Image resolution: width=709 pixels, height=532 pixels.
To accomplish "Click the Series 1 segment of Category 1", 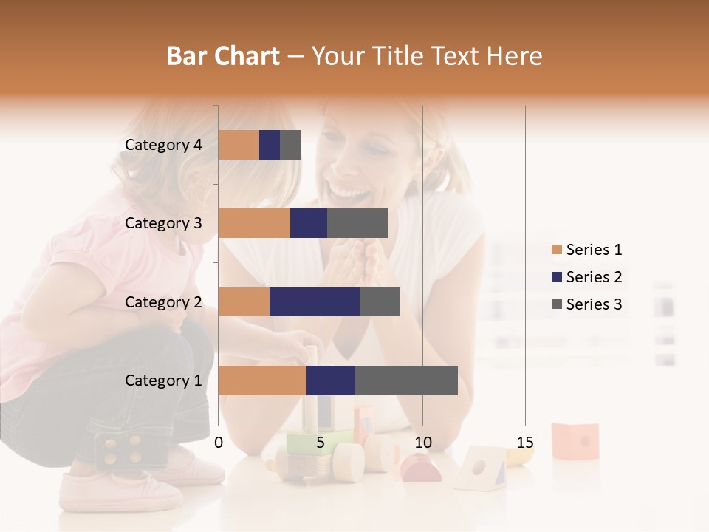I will [x=262, y=381].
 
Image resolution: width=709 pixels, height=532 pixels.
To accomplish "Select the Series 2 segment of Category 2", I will [x=315, y=301].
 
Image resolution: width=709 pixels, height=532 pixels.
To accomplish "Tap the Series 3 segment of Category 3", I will [x=357, y=223].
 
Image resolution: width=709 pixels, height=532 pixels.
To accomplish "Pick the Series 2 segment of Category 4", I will [x=270, y=145].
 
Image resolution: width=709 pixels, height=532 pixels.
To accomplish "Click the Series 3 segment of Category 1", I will [x=406, y=381].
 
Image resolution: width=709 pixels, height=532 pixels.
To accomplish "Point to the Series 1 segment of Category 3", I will [x=254, y=223].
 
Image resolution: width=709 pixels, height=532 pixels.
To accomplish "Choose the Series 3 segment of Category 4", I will [x=290, y=145].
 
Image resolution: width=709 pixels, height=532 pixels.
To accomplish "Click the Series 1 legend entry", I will [x=587, y=250].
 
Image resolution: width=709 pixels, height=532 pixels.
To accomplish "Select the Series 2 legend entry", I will [x=587, y=277].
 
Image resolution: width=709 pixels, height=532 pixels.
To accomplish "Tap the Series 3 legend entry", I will [x=587, y=304].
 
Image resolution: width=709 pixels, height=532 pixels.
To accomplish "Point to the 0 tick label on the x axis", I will [x=219, y=443].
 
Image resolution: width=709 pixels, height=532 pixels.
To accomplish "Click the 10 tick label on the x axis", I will [x=422, y=443].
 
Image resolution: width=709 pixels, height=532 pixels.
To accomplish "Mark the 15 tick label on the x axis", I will [x=525, y=443].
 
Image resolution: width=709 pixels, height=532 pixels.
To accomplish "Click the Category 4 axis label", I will [x=163, y=145].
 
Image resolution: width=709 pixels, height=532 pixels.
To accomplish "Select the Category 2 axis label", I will [x=163, y=301].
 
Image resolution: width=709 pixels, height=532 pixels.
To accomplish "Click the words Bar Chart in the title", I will [x=223, y=56].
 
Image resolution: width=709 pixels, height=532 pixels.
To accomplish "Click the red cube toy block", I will [x=575, y=440].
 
